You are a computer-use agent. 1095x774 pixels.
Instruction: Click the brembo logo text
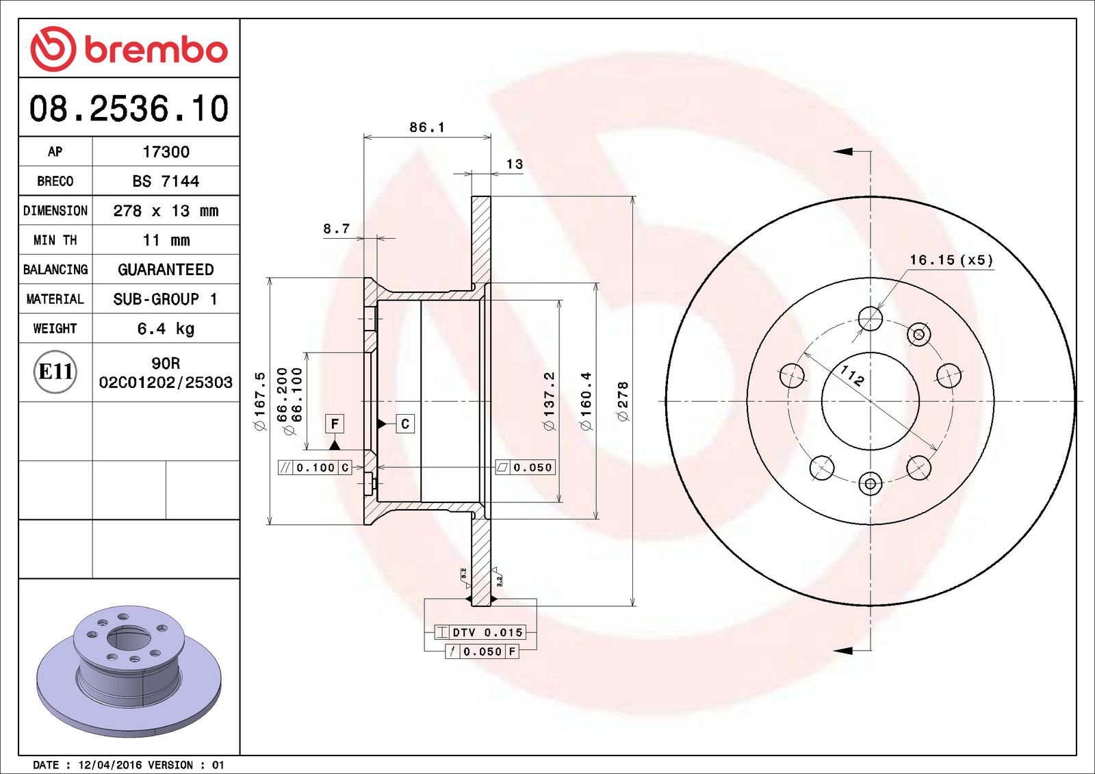[156, 49]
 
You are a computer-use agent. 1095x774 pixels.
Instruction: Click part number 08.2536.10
[129, 109]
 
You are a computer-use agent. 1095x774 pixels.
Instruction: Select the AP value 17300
[166, 152]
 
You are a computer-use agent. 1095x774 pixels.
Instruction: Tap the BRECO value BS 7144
[166, 181]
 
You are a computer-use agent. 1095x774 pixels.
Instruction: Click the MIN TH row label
[55, 240]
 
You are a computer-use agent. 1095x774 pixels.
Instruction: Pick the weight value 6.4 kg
[166, 328]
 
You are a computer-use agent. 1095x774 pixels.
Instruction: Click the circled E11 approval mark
[55, 372]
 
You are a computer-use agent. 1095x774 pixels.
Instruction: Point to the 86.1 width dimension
[427, 127]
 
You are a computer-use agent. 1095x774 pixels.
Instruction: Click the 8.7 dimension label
[336, 229]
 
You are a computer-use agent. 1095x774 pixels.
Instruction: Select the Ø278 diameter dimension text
[622, 401]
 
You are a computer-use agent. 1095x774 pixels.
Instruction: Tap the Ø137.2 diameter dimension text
[549, 401]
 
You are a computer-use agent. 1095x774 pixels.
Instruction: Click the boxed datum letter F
[335, 424]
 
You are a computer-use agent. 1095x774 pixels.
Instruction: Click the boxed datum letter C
[405, 424]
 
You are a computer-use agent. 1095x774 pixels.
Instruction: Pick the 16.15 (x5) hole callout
[951, 260]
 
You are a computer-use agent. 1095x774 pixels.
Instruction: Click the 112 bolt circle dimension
[852, 375]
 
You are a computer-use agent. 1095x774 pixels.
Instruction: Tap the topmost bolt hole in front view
[871, 318]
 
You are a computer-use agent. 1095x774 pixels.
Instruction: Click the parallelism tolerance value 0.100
[315, 467]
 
